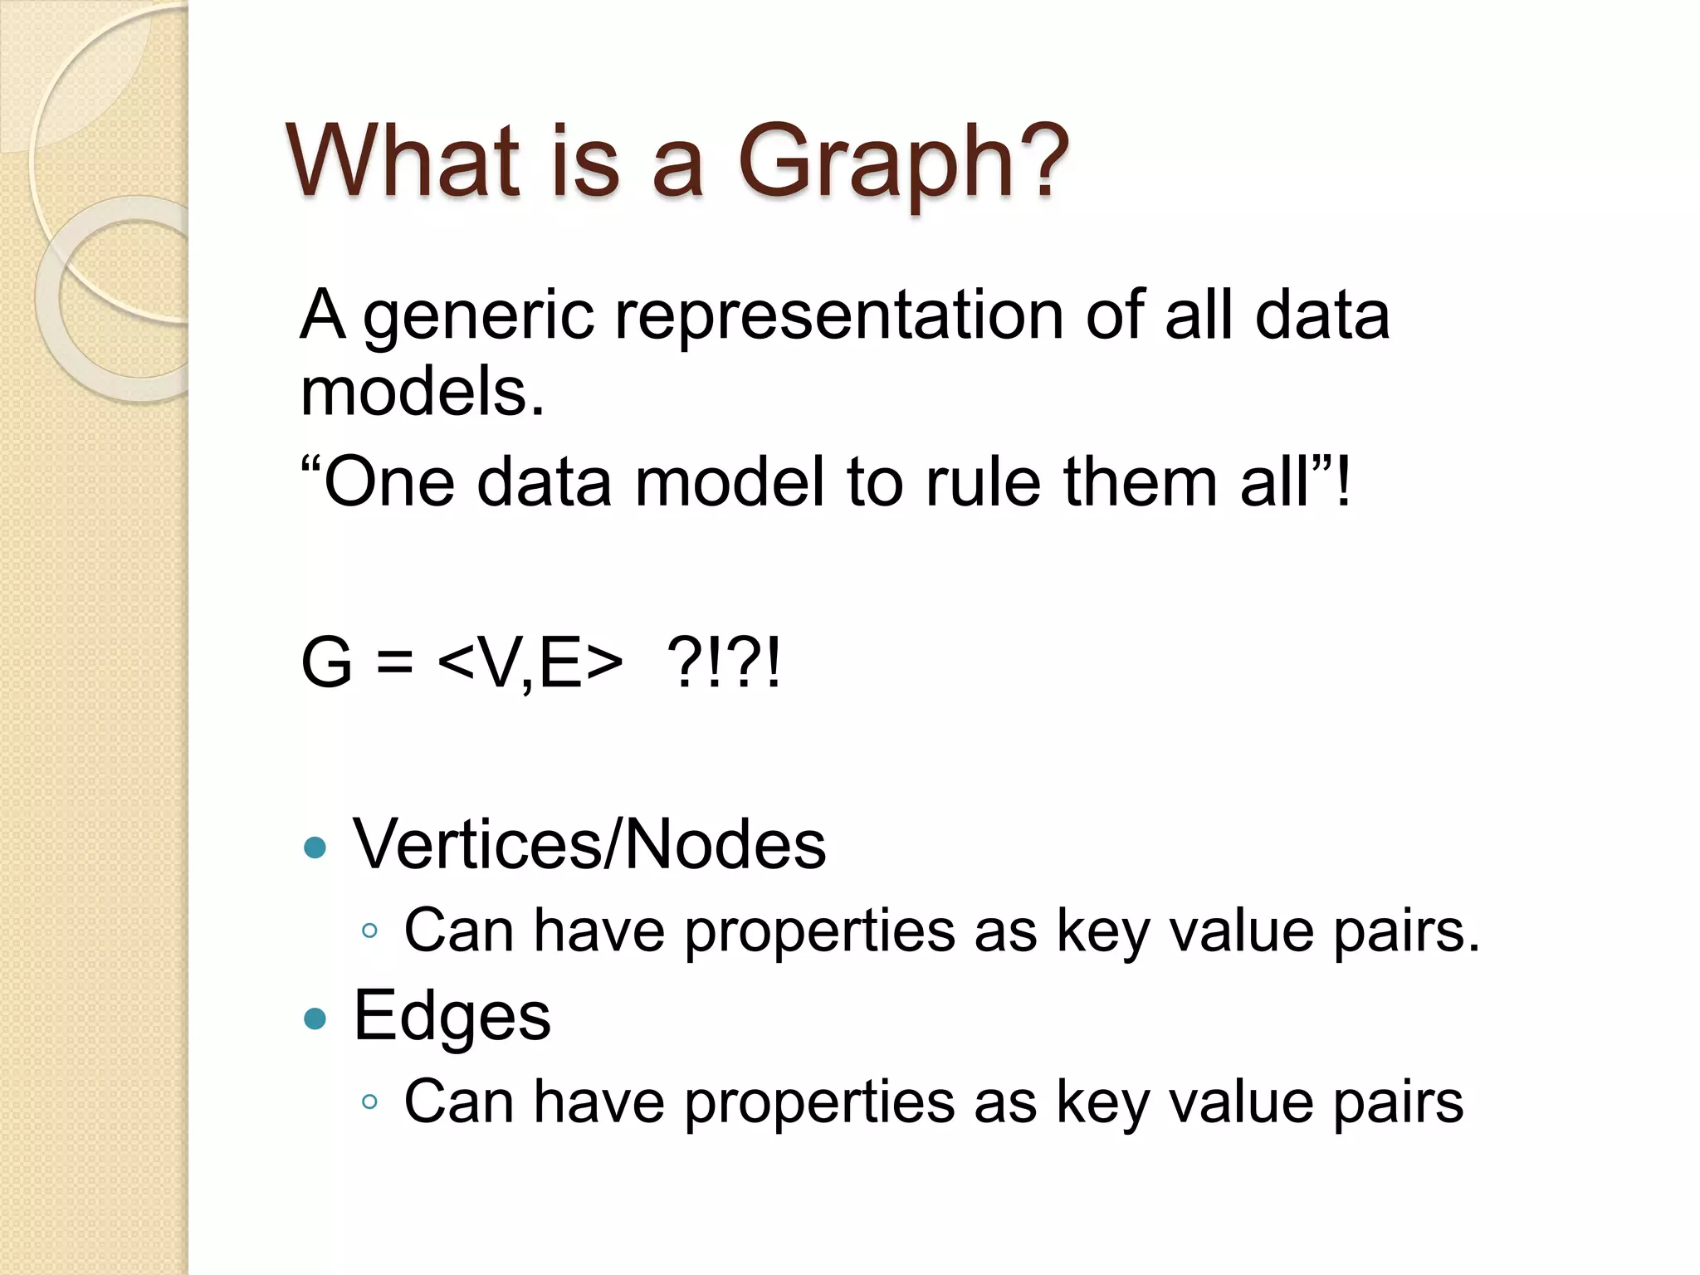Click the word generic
(x=479, y=318)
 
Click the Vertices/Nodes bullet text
(x=589, y=844)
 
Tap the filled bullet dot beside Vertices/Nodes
(x=315, y=848)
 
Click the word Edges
(x=452, y=1016)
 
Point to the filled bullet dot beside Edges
(x=315, y=1019)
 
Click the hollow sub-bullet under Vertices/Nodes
(x=370, y=931)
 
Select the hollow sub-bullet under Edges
(x=370, y=1102)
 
